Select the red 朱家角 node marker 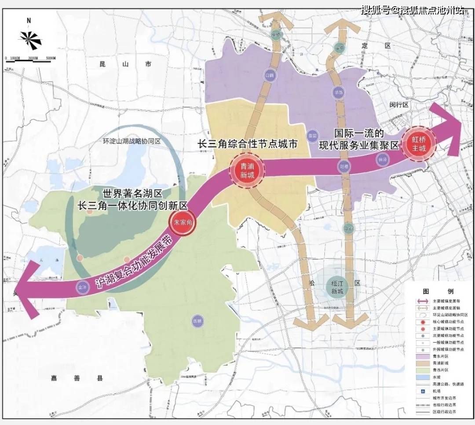tap(182, 223)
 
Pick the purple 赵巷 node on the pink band tap(344, 166)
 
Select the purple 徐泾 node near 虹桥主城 tap(381, 160)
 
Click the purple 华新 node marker tap(338, 92)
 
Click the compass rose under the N tap(30, 39)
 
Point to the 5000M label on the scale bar tap(51, 58)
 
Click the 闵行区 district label tap(399, 105)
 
